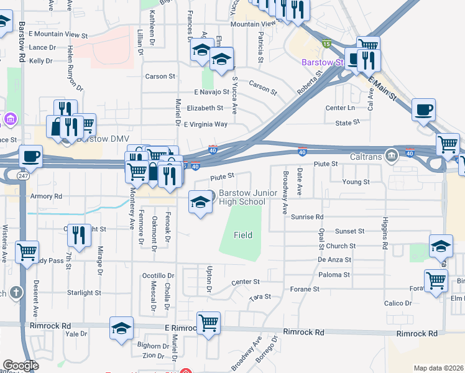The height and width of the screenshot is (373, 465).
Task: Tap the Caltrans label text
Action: [366, 155]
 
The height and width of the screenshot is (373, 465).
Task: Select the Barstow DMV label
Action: [99, 139]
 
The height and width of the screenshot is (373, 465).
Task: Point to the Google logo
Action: [21, 366]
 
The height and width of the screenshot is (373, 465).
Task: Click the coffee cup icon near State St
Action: [423, 110]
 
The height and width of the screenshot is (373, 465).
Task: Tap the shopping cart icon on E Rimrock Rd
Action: [208, 322]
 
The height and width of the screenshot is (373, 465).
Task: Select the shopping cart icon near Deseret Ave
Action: [27, 252]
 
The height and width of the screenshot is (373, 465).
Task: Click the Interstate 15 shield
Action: [327, 44]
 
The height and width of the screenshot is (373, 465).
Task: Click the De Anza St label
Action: [334, 260]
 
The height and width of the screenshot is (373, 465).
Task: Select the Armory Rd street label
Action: [47, 196]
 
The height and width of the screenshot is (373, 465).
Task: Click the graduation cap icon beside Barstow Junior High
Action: [200, 202]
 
